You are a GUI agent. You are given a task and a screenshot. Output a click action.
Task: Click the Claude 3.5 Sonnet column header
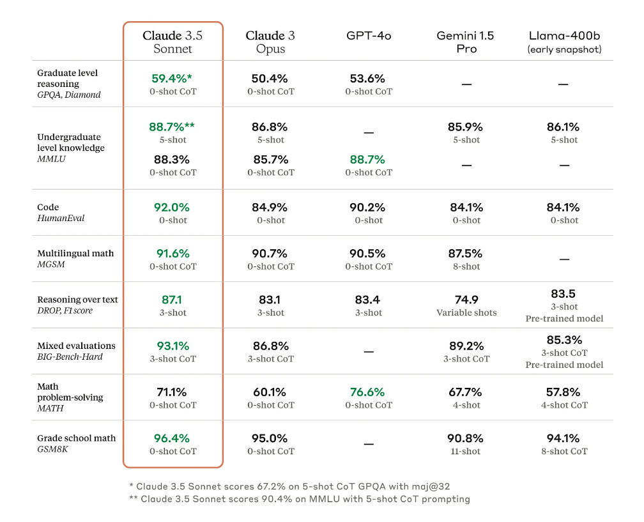(x=172, y=42)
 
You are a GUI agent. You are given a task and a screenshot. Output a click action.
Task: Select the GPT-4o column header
(x=369, y=36)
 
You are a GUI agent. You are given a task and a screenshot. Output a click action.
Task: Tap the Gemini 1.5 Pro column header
(x=466, y=42)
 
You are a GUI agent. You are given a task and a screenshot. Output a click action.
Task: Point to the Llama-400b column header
(x=565, y=42)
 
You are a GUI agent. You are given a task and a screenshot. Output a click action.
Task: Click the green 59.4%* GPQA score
(x=172, y=79)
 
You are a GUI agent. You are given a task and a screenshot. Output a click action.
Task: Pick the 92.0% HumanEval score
(x=172, y=208)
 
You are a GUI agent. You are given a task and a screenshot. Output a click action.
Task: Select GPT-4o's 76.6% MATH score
(x=367, y=392)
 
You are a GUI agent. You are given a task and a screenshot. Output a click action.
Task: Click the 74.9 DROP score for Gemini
(x=466, y=300)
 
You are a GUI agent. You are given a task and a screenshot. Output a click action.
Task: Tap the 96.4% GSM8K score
(x=172, y=438)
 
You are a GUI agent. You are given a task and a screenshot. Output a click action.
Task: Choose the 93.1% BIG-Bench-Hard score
(x=172, y=346)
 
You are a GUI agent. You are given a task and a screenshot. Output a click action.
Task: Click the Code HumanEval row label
(x=61, y=213)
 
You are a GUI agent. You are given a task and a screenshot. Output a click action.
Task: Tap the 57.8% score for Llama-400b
(x=564, y=392)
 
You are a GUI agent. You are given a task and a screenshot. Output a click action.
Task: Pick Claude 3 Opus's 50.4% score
(x=270, y=79)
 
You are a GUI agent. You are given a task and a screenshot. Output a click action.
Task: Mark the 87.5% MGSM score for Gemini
(x=466, y=254)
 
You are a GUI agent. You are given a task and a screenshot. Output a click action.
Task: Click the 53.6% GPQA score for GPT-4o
(x=367, y=79)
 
